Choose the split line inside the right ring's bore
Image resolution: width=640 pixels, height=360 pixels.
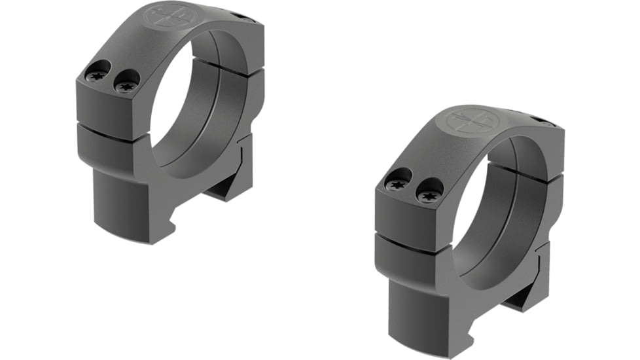(524, 173)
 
